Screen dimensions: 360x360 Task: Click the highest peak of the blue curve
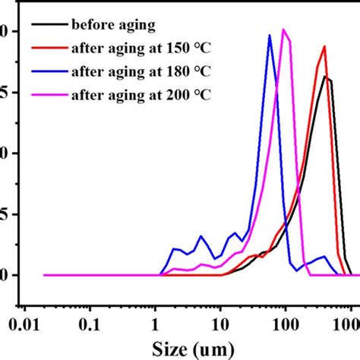coord(270,35)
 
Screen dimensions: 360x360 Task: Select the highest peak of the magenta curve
coord(284,30)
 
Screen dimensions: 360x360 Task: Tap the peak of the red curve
coord(324,46)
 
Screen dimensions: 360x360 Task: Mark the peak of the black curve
coord(325,76)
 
